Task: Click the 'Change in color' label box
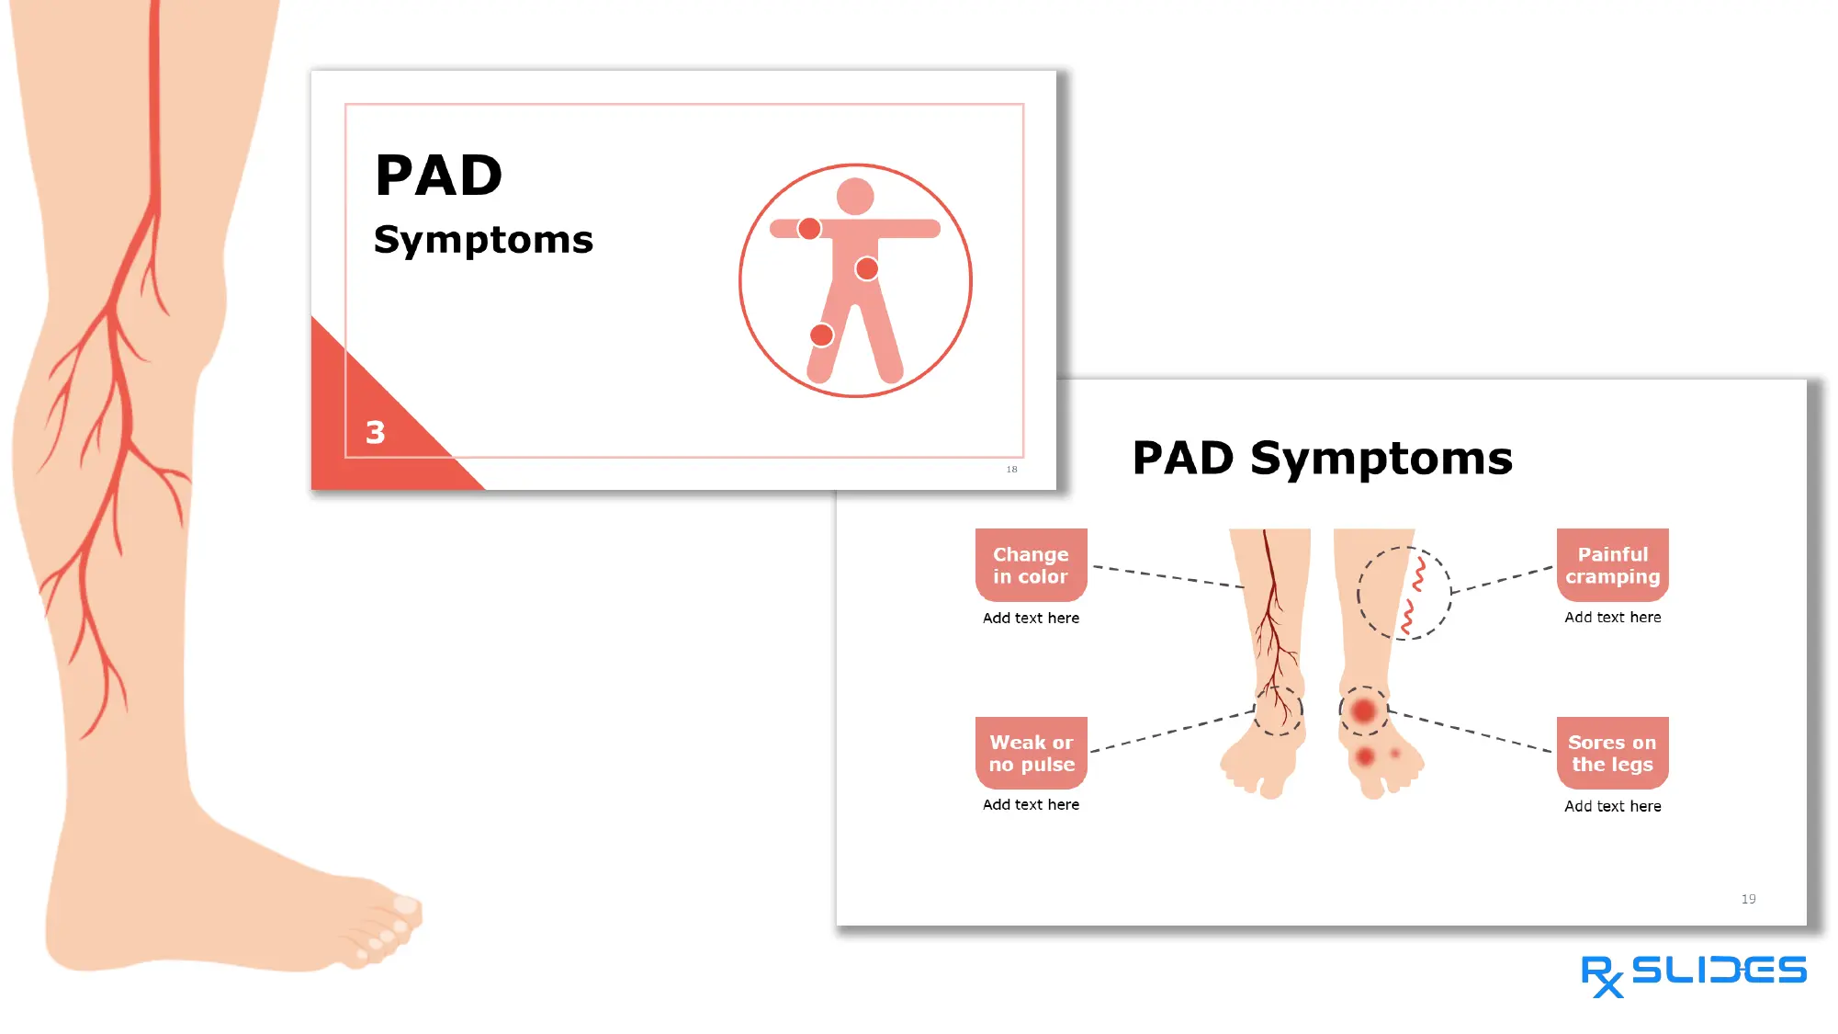[x=1031, y=565]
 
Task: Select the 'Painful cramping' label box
[x=1612, y=565]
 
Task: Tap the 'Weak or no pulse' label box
[x=1031, y=753]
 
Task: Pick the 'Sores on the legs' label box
[x=1612, y=753]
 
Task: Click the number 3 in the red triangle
[x=376, y=432]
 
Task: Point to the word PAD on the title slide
[x=439, y=176]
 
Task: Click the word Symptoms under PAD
[x=483, y=240]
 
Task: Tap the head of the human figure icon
[x=855, y=197]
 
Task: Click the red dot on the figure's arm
[x=809, y=229]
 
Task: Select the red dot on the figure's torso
[x=866, y=268]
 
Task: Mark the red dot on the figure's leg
[x=821, y=335]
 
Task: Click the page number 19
[x=1748, y=899]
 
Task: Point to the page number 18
[x=1011, y=470]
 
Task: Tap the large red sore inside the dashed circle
[x=1364, y=710]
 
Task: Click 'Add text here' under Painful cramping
[x=1612, y=618]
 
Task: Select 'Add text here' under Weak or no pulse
[x=1031, y=805]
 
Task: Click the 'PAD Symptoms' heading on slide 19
[x=1322, y=459]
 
